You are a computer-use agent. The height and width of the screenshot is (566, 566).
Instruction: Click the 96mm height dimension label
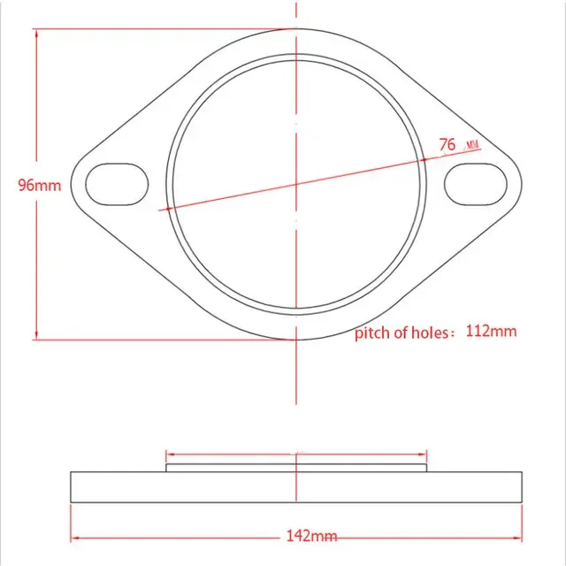pyautogui.click(x=40, y=185)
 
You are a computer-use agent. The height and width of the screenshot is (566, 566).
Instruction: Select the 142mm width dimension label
pyautogui.click(x=312, y=536)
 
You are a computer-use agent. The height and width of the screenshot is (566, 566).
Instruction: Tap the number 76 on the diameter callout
pyautogui.click(x=447, y=144)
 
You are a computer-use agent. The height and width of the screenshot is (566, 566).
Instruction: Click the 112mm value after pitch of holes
pyautogui.click(x=491, y=331)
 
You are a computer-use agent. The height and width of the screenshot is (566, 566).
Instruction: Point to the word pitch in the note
pyautogui.click(x=372, y=333)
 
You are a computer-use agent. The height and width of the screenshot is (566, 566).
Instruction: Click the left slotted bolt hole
pyautogui.click(x=117, y=185)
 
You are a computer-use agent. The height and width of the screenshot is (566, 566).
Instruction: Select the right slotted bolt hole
pyautogui.click(x=476, y=185)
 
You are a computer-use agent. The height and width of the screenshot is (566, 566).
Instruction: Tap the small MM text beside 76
pyautogui.click(x=473, y=145)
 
